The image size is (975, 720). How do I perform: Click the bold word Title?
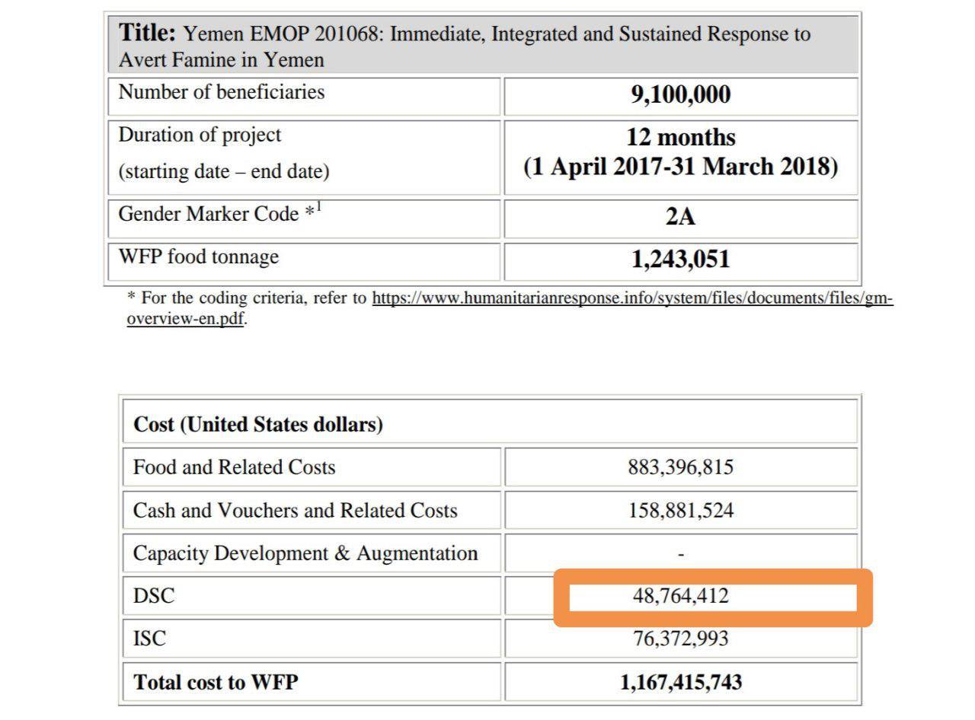[x=147, y=33]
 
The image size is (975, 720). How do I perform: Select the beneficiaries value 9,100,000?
[x=680, y=95]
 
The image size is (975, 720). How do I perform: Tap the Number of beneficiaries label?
[x=221, y=92]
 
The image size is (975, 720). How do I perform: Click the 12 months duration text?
[x=680, y=138]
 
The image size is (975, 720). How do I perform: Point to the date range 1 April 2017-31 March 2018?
[x=680, y=167]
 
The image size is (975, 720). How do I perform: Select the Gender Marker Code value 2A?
[x=680, y=217]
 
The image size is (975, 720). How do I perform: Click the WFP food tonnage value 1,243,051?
[x=680, y=260]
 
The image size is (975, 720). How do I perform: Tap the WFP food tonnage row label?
[x=198, y=256]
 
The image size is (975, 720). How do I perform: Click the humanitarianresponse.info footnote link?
[x=631, y=298]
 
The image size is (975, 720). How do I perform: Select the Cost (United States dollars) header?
[x=257, y=424]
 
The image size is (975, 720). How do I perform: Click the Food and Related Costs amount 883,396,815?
[x=680, y=467]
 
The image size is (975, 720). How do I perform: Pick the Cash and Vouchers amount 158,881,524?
[x=680, y=510]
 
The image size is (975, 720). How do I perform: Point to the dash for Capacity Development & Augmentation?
[x=680, y=554]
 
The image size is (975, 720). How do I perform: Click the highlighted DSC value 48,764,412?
[x=680, y=596]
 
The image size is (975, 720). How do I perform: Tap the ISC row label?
[x=149, y=639]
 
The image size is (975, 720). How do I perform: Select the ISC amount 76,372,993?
[x=680, y=639]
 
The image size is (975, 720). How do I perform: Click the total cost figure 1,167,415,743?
[x=680, y=682]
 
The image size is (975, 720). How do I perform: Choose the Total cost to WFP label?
[x=215, y=682]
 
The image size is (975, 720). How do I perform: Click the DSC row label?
[x=153, y=596]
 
